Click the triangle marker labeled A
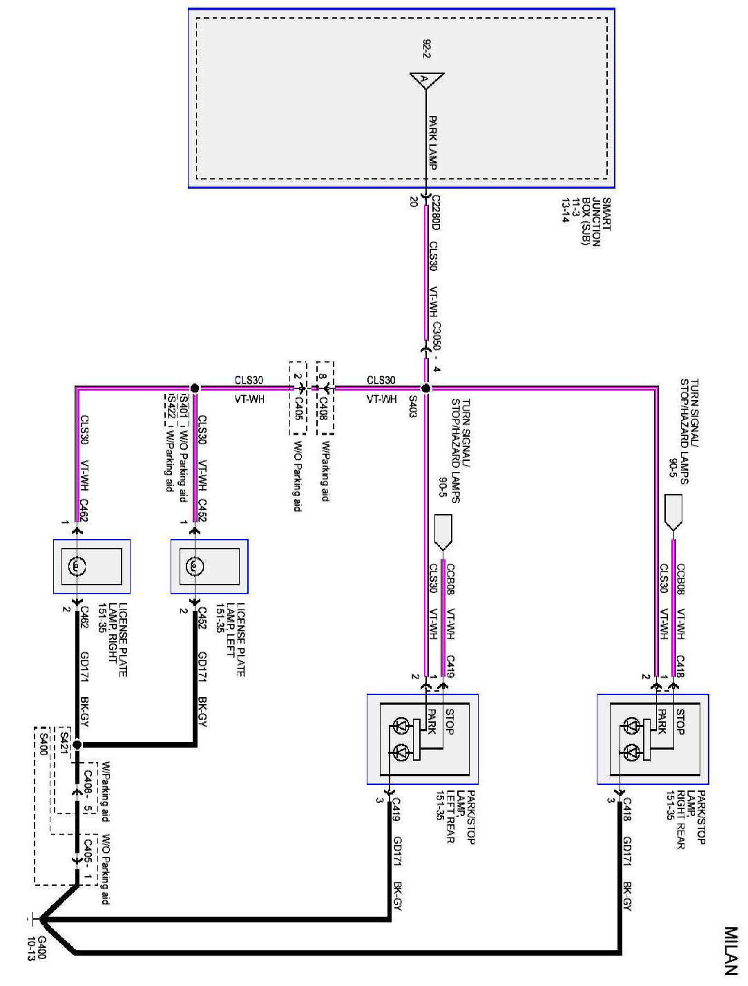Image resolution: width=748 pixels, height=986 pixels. (x=425, y=79)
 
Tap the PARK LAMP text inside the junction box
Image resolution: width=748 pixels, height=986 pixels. (x=433, y=142)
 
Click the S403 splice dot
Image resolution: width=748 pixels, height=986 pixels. (x=426, y=388)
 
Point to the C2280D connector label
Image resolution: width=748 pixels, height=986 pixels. (x=434, y=212)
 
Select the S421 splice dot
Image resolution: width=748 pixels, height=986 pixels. (x=77, y=745)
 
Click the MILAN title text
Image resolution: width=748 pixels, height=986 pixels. (x=733, y=952)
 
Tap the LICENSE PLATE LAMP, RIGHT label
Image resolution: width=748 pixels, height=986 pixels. (x=113, y=640)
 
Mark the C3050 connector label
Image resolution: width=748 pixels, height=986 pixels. (x=435, y=334)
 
